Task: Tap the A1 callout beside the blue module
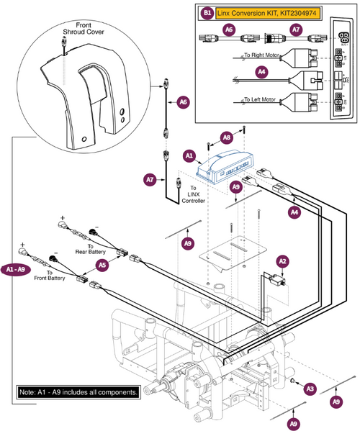click(x=189, y=155)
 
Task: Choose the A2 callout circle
click(x=282, y=262)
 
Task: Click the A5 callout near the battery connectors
click(x=102, y=265)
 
